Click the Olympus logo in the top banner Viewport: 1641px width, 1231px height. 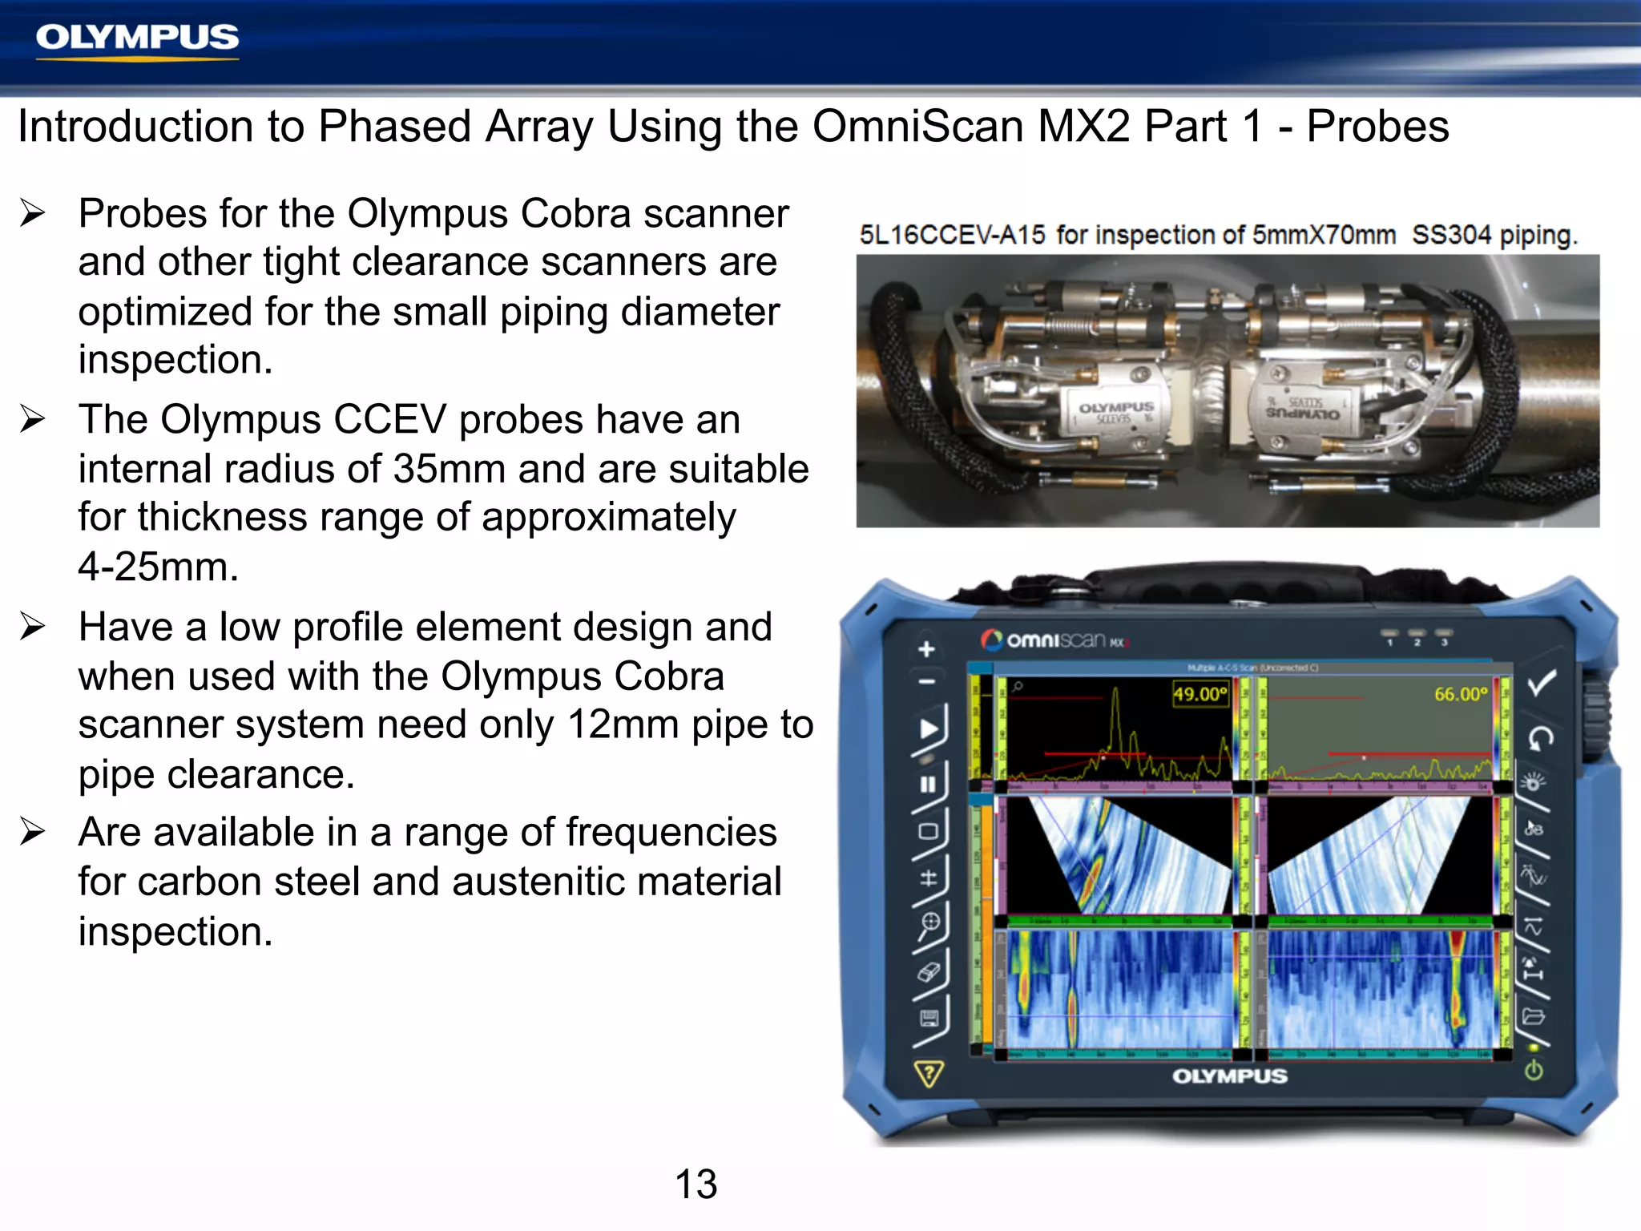[137, 38]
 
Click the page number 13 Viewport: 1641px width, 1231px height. [696, 1184]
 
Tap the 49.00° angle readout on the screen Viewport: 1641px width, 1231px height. [1200, 694]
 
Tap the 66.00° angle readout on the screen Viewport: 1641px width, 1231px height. [1460, 694]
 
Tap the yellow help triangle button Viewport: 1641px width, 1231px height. [929, 1073]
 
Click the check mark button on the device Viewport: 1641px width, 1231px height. [1541, 683]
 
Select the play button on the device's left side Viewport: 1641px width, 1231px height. [929, 729]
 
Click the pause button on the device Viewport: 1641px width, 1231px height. [928, 784]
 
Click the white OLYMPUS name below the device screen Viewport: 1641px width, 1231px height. [1229, 1076]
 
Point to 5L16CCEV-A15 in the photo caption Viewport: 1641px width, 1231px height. [952, 235]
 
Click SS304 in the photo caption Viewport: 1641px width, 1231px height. [1451, 235]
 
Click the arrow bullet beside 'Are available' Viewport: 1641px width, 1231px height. [33, 832]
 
